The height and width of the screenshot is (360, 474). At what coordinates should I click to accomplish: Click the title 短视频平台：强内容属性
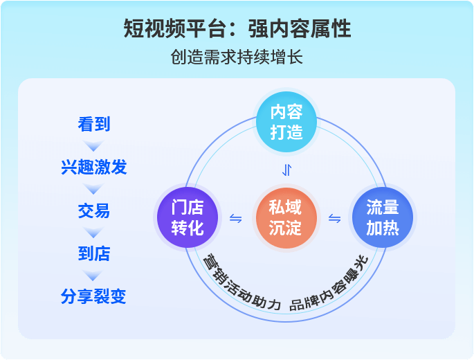[x=237, y=29]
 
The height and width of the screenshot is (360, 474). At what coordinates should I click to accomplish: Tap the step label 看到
[x=94, y=125]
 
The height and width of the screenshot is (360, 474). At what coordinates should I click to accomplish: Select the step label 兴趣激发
[x=94, y=168]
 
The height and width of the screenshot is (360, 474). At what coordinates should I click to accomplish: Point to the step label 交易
[x=94, y=210]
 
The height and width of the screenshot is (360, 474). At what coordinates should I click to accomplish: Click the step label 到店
[x=94, y=253]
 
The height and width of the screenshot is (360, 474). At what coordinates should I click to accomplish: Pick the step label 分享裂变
[x=94, y=297]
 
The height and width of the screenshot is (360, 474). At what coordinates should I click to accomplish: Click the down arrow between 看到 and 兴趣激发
[x=94, y=146]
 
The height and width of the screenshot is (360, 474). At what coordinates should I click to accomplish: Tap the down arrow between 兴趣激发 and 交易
[x=94, y=189]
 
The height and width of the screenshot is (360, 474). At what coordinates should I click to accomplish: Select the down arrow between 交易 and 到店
[x=94, y=232]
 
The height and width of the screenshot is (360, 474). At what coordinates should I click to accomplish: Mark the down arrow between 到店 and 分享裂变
[x=94, y=276]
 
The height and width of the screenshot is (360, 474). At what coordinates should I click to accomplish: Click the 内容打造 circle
[x=286, y=122]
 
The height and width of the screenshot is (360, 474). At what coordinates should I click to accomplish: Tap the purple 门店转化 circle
[x=188, y=218]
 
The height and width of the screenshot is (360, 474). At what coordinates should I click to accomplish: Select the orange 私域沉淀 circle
[x=285, y=218]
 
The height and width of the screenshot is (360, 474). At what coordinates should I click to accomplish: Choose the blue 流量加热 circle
[x=383, y=218]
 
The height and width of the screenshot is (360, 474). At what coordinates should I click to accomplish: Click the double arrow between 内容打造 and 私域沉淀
[x=286, y=170]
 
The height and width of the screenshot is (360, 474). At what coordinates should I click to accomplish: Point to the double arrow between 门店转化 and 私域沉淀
[x=236, y=219]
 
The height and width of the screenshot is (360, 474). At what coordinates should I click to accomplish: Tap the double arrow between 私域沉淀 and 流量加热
[x=334, y=219]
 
